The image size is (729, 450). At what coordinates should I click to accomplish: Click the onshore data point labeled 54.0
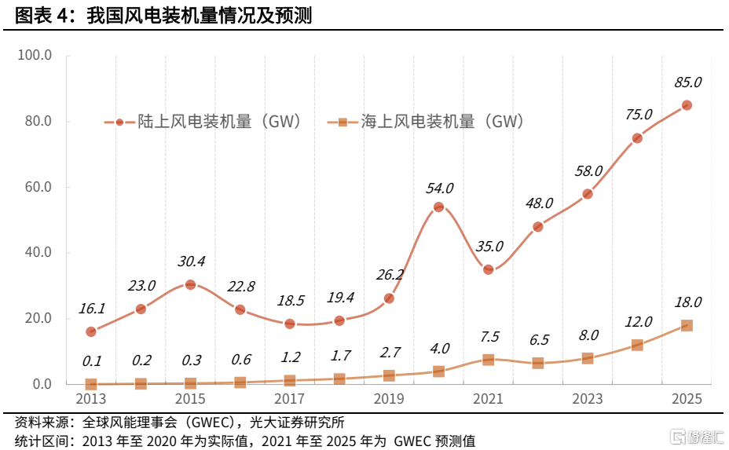[438, 207]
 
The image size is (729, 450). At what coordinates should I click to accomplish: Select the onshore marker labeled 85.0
[687, 105]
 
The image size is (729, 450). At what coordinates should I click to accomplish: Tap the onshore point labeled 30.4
[190, 284]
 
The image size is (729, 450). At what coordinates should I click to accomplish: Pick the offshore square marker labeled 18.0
[687, 325]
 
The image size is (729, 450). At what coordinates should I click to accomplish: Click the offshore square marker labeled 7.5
[488, 360]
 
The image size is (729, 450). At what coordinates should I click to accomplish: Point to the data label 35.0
[489, 246]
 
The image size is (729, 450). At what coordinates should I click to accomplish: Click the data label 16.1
[92, 309]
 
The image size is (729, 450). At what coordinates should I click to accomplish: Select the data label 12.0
[638, 321]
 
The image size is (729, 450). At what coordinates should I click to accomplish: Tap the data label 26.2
[389, 275]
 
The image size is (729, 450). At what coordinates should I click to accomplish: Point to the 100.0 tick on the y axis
[36, 56]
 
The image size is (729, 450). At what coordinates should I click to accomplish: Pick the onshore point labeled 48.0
[538, 227]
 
